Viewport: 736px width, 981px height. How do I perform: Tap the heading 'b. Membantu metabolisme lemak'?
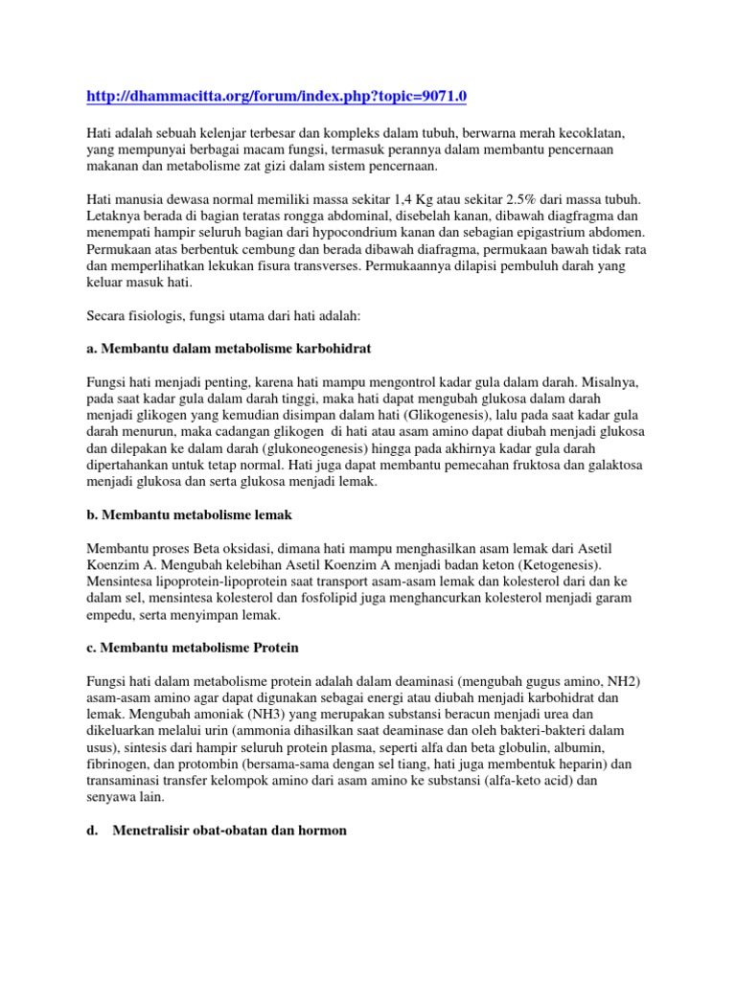(x=189, y=514)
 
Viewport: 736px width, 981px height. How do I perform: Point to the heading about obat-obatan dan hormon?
(x=217, y=831)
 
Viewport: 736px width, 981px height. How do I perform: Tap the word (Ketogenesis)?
(x=567, y=565)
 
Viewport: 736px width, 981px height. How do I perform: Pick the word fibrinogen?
(x=119, y=763)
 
